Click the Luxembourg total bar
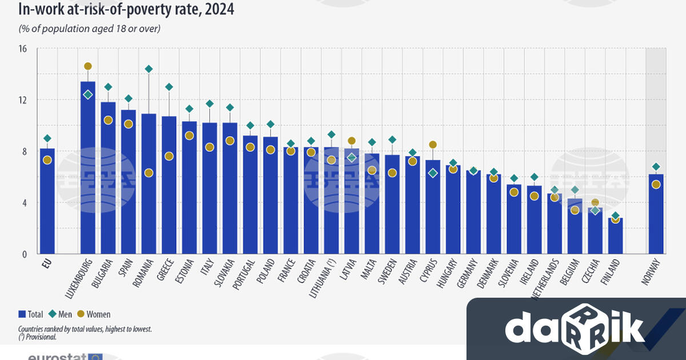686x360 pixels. coord(88,171)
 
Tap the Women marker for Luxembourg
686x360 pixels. coord(88,66)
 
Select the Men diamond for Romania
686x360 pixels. coord(149,69)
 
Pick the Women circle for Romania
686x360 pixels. coord(149,173)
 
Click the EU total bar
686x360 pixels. coord(47,206)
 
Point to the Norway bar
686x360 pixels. coord(656,217)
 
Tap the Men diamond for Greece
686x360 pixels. coord(169,87)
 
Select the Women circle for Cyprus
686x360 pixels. coord(433,145)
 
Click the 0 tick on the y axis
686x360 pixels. coord(25,254)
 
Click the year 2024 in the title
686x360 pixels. coord(218,10)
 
